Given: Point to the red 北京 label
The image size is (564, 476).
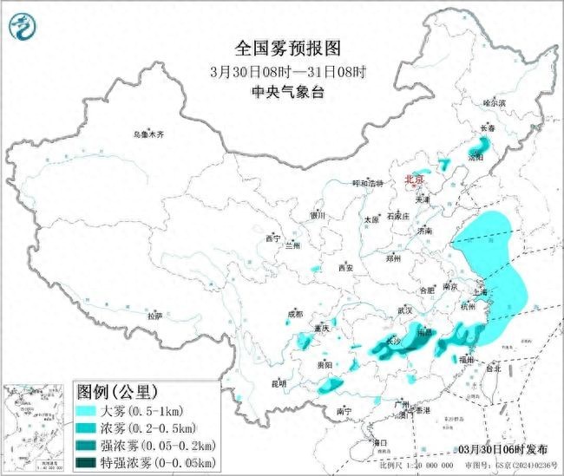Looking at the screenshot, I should coord(416,179).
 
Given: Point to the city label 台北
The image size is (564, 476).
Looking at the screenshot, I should coord(492,368).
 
